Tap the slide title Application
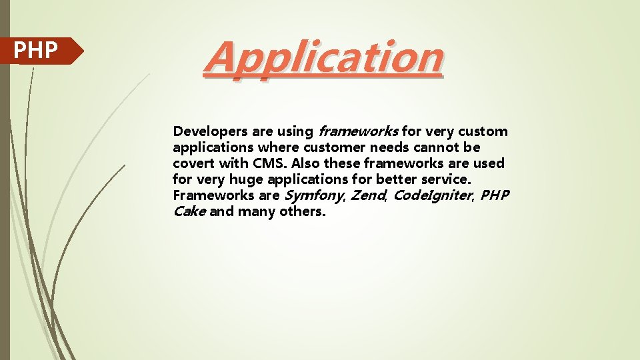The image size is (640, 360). (324, 57)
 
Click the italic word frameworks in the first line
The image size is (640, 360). (359, 132)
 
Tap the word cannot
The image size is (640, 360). (435, 147)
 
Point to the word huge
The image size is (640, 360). (246, 179)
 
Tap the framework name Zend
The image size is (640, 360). (367, 195)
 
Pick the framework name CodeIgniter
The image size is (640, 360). (431, 195)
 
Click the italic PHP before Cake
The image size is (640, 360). (495, 195)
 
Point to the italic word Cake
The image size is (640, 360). (189, 211)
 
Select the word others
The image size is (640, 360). (303, 211)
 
